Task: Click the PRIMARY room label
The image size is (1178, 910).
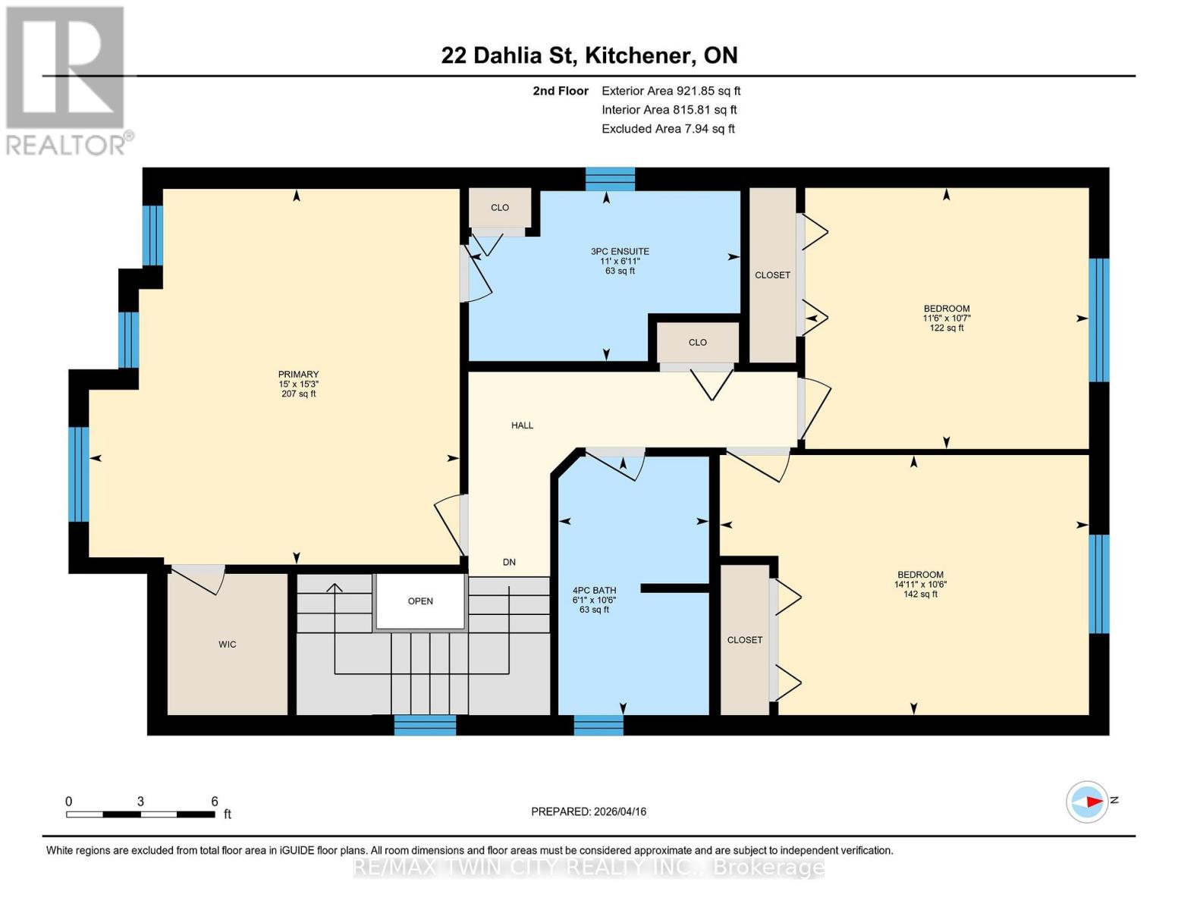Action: [x=298, y=375]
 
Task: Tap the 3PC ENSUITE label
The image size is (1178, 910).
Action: [x=620, y=252]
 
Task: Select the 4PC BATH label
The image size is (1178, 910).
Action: [x=594, y=591]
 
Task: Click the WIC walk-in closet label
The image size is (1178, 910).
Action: [x=228, y=645]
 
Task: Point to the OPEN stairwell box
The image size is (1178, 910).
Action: [x=420, y=601]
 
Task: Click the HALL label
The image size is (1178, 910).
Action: [x=522, y=425]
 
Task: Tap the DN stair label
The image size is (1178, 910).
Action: [x=509, y=562]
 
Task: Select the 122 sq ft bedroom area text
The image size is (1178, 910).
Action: [x=946, y=328]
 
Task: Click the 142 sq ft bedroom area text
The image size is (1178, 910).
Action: [x=920, y=595]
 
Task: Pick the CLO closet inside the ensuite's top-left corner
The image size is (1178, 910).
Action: [x=499, y=208]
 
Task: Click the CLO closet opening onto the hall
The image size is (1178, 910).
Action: [x=697, y=343]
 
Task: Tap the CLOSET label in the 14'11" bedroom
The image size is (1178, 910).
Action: [x=745, y=640]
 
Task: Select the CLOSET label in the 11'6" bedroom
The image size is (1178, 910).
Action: [x=772, y=275]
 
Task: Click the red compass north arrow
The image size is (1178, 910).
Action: [x=1093, y=802]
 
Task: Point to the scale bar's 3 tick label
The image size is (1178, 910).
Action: [x=140, y=802]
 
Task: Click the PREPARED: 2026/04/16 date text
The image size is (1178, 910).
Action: [x=589, y=811]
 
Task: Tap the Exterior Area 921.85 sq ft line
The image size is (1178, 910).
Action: [x=671, y=91]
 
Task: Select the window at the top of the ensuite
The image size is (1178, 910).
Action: [x=610, y=179]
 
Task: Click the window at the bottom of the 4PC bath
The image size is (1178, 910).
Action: [x=598, y=725]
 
